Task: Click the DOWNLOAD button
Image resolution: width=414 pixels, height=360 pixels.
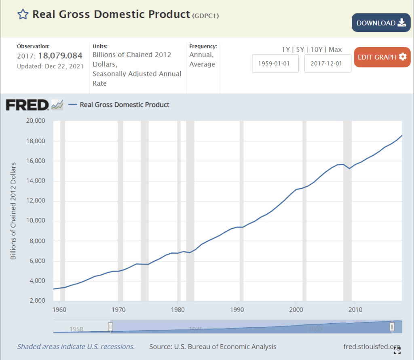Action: click(x=381, y=23)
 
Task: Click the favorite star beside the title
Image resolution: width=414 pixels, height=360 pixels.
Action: click(x=23, y=15)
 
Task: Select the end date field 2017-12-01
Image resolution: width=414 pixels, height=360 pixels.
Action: click(x=327, y=64)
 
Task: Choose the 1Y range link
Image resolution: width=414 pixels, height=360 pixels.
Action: click(x=286, y=50)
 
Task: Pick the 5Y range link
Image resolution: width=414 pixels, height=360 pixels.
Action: click(x=300, y=50)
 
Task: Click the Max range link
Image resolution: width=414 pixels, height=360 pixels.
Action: click(x=335, y=50)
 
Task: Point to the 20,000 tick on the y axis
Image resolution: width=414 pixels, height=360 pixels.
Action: click(x=36, y=121)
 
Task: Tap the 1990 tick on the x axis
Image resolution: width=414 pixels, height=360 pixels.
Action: click(x=237, y=309)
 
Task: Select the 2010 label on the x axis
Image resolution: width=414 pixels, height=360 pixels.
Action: click(x=355, y=309)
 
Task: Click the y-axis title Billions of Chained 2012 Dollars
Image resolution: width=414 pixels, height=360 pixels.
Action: click(x=13, y=211)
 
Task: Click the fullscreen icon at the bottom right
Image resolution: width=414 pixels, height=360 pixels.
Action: click(x=397, y=350)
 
